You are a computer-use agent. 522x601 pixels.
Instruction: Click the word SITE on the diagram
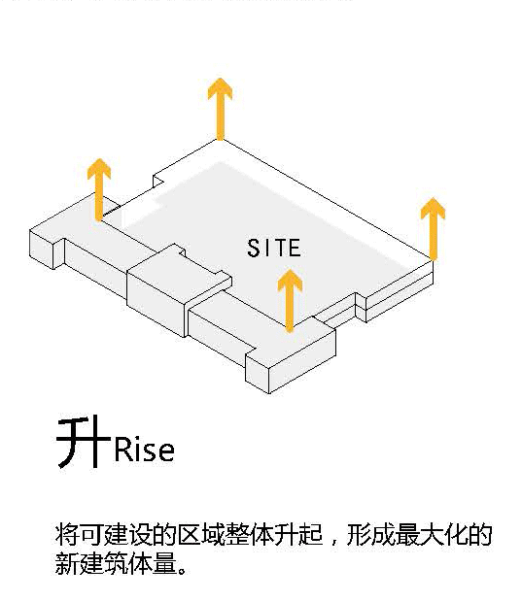coord(274,248)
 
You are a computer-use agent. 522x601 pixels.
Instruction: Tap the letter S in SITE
coord(254,248)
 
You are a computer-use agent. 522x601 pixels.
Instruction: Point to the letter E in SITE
coord(295,248)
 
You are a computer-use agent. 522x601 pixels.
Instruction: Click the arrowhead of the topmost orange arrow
coord(220,88)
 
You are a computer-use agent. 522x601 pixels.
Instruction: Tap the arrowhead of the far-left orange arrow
coord(99,169)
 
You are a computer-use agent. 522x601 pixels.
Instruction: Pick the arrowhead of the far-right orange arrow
coord(433,208)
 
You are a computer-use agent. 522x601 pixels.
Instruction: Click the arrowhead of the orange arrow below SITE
coord(291,280)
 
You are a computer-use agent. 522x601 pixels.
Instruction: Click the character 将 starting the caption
coord(67,534)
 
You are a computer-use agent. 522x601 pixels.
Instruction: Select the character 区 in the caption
coord(189,534)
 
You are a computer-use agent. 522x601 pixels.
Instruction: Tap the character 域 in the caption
coord(213,534)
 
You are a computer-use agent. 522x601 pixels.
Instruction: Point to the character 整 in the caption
coord(237,534)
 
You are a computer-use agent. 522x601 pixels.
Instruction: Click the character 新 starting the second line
coord(67,563)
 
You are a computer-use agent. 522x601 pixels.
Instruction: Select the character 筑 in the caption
coord(116,563)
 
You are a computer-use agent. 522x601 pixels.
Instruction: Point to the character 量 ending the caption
coord(164,563)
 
